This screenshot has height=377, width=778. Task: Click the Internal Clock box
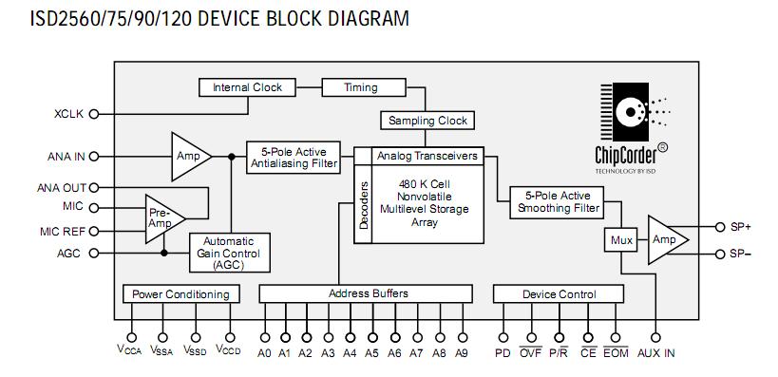[247, 87]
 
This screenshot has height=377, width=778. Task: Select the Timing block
[361, 87]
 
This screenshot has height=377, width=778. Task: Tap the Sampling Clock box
[427, 121]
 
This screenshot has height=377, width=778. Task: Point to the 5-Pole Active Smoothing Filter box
[556, 201]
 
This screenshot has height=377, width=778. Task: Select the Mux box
[621, 240]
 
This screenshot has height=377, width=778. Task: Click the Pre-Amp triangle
[160, 217]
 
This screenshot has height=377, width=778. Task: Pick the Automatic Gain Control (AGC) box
[228, 254]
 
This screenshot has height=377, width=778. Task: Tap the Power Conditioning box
[180, 294]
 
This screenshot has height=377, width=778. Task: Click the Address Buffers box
[368, 293]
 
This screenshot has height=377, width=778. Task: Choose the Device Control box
[559, 294]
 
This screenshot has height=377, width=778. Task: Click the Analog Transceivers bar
[426, 155]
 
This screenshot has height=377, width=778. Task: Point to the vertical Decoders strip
[362, 202]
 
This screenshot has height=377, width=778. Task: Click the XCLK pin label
[68, 114]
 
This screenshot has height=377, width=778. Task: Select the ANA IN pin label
[66, 156]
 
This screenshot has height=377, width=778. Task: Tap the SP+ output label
[739, 227]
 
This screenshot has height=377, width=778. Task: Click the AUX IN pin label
[656, 353]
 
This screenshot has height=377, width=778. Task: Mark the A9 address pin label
[462, 353]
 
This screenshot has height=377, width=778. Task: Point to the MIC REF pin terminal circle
[94, 231]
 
